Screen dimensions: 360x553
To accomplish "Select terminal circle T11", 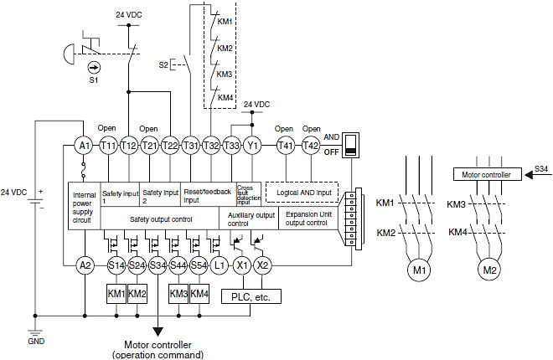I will tap(108, 145).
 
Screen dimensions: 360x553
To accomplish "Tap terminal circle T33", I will tap(233, 145).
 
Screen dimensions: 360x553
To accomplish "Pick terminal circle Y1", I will tap(253, 145).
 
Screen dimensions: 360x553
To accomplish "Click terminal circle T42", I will tap(311, 145).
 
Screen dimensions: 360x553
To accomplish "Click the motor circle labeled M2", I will tap(492, 270).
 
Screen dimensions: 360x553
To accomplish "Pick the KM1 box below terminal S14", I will tap(116, 294).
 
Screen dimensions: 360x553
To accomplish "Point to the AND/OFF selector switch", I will tap(353, 144).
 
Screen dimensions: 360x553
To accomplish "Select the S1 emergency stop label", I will tap(94, 81).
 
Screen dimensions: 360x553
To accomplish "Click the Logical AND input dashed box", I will tap(301, 193).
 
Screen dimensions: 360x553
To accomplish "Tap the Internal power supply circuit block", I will tap(84, 206).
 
